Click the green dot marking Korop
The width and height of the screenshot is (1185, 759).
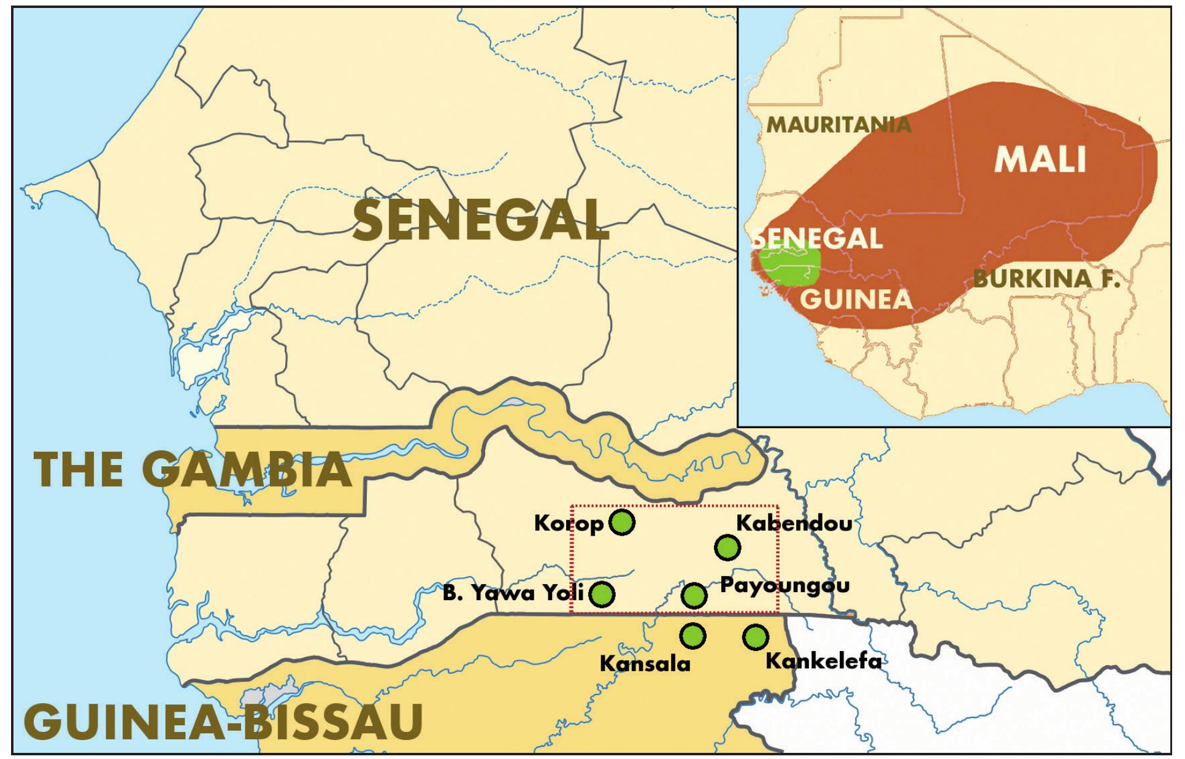click(622, 523)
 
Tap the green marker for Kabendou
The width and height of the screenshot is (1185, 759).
click(727, 547)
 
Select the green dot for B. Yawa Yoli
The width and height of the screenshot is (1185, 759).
click(602, 594)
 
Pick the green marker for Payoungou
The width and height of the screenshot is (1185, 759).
click(694, 595)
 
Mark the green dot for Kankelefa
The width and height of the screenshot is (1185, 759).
click(755, 637)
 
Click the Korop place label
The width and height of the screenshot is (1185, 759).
click(569, 524)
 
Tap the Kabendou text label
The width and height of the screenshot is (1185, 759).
click(794, 523)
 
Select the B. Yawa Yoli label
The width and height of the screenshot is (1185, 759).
click(513, 593)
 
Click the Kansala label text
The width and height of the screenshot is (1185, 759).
click(645, 663)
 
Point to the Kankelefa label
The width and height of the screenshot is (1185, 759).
click(823, 661)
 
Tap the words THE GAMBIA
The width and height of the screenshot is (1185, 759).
click(193, 469)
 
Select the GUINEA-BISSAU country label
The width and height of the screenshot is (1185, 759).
click(224, 722)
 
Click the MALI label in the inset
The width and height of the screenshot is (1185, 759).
click(1040, 160)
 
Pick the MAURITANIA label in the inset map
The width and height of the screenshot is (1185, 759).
click(839, 125)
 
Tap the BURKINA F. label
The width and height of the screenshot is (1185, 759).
click(1046, 279)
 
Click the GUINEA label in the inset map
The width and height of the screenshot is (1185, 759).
click(856, 299)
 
